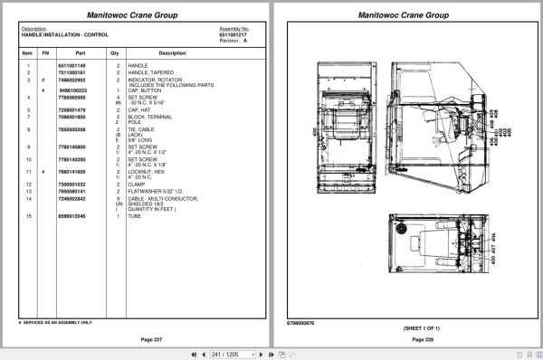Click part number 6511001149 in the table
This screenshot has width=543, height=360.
[x=71, y=66]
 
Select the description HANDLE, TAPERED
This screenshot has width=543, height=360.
[x=148, y=72]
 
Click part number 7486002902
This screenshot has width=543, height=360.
[x=71, y=80]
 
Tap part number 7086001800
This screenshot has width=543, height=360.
[x=71, y=117]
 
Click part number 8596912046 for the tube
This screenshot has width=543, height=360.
[x=71, y=216]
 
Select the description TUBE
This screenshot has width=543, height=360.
[x=136, y=216]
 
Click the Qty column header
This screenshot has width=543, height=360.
[x=115, y=52]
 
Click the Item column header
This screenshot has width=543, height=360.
[x=27, y=52]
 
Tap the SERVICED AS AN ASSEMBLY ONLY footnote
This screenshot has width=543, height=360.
[x=57, y=322]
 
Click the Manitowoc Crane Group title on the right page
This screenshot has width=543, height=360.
[x=403, y=15]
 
